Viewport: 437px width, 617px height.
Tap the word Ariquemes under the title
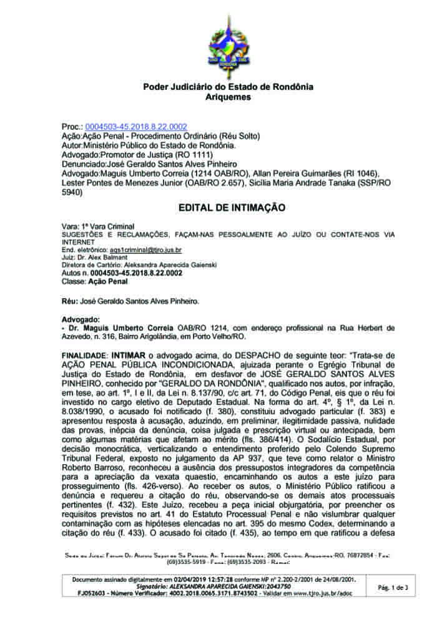point(228,97)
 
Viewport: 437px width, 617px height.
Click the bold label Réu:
point(69,301)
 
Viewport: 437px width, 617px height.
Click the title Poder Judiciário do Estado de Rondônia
point(228,87)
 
